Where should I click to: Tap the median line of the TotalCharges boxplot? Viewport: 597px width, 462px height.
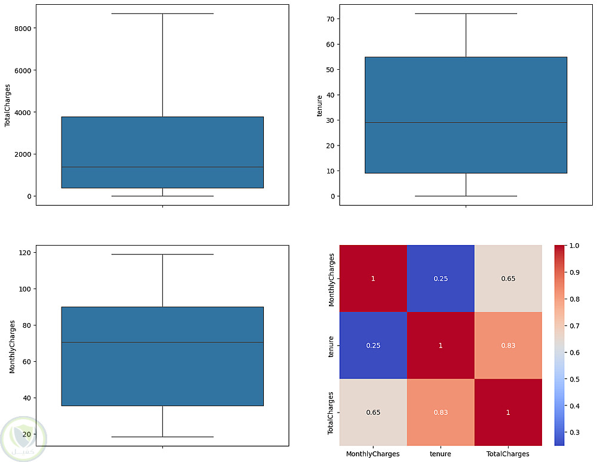(162, 167)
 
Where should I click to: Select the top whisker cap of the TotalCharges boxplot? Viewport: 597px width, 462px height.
(162, 13)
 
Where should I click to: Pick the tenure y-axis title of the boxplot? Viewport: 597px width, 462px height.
(320, 109)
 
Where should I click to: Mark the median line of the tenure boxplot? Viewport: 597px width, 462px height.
(466, 123)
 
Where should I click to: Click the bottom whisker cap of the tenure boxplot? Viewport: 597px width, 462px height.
(466, 196)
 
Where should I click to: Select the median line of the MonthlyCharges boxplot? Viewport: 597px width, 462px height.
(162, 342)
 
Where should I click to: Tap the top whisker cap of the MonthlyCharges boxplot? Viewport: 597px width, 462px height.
(162, 255)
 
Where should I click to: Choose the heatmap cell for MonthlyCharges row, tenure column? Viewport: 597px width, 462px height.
(441, 278)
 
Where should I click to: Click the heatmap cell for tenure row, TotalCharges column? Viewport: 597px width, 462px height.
(508, 345)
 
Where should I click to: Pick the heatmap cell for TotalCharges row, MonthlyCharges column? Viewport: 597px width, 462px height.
(373, 412)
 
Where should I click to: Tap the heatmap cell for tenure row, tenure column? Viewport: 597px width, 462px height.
(441, 345)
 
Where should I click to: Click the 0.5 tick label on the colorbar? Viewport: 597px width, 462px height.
(574, 379)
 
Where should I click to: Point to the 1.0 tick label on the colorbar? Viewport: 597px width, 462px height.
(574, 246)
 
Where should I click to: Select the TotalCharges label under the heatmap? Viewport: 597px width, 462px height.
(508, 454)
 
